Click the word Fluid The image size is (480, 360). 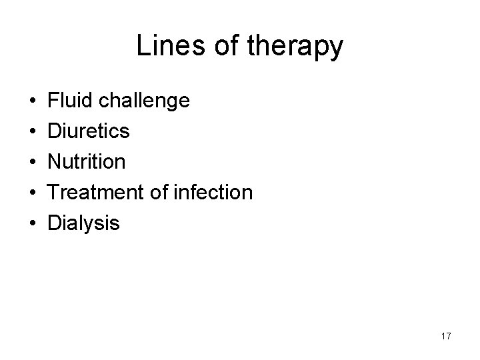tap(69, 101)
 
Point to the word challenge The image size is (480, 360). tap(143, 102)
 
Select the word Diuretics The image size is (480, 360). tap(89, 131)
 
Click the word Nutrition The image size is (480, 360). tap(86, 162)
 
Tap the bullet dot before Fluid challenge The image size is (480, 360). tap(33, 102)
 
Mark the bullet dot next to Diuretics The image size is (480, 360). tap(33, 132)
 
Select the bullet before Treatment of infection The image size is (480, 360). tap(33, 193)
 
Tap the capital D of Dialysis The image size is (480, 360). tap(54, 223)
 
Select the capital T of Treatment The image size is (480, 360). tap(54, 193)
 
